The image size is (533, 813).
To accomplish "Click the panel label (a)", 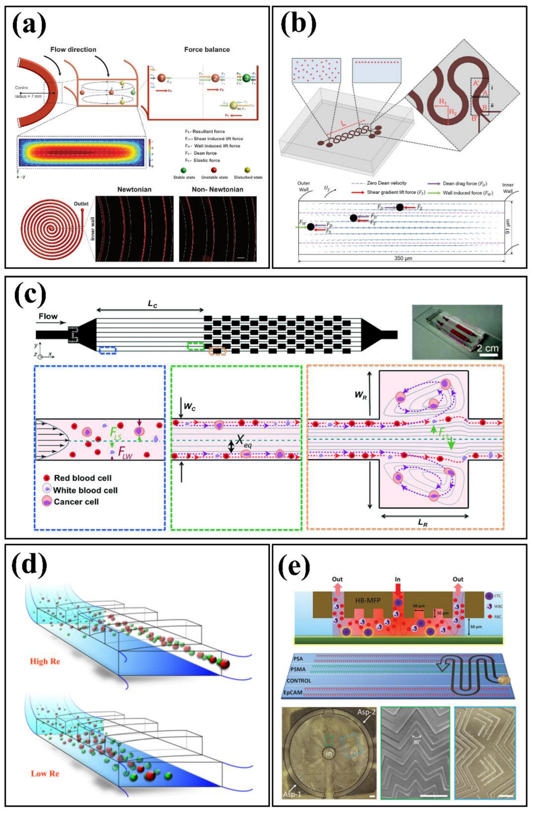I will coord(29,26).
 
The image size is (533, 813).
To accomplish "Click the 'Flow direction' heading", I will coord(73,49).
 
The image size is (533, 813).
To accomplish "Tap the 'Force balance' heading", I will coord(207,49).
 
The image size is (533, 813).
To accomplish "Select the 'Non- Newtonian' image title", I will coord(217,189).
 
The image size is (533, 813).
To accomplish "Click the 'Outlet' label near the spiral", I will coord(81,204).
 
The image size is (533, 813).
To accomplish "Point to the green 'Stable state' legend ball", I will coord(184,170).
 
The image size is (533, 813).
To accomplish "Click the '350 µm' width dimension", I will coord(403,258).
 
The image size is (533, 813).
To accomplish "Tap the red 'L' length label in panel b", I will coord(343,124).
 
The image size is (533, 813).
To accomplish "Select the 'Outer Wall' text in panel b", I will coord(304,186).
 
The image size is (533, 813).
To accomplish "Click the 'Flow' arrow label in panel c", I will coord(48,316).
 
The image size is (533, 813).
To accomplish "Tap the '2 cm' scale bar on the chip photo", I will coord(487,348).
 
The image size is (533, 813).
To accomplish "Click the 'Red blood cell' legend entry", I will coord(83,478).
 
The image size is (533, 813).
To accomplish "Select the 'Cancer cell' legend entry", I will coord(76,502).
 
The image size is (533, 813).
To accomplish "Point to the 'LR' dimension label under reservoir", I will coord(423,523).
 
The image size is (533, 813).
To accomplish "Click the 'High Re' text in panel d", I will coord(45,661).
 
